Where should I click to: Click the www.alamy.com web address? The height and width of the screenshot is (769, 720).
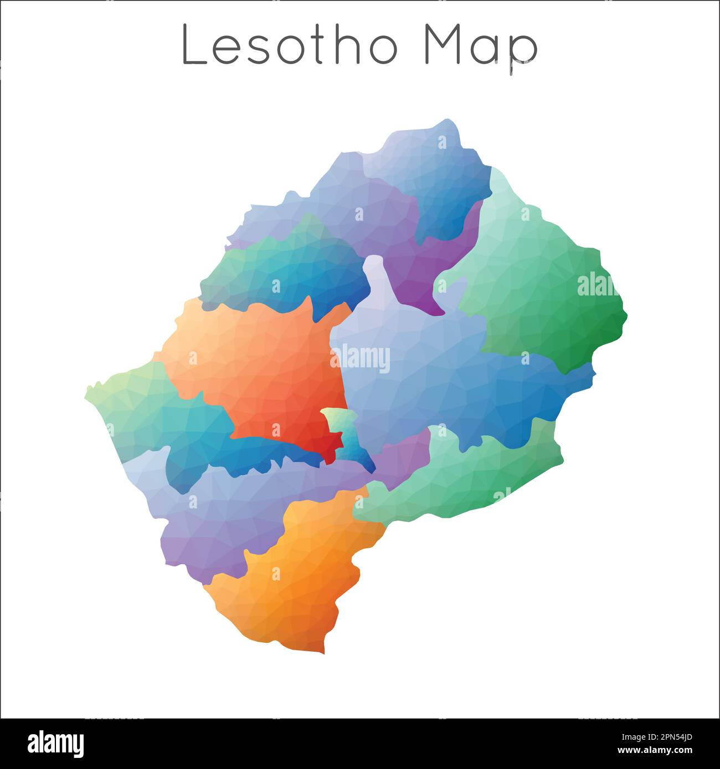tap(655, 750)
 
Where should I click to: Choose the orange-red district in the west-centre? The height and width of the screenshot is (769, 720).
tap(260, 365)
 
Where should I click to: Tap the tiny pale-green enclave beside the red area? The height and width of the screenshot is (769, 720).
tap(335, 420)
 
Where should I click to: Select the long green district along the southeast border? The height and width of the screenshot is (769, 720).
tap(465, 476)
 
